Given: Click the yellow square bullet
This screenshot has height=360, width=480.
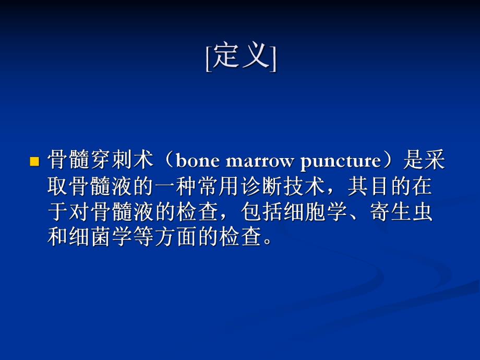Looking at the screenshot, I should tap(35, 162).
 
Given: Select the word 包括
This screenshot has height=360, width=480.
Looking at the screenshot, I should tap(259, 212).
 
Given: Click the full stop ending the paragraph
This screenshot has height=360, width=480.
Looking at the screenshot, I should tap(268, 243).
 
